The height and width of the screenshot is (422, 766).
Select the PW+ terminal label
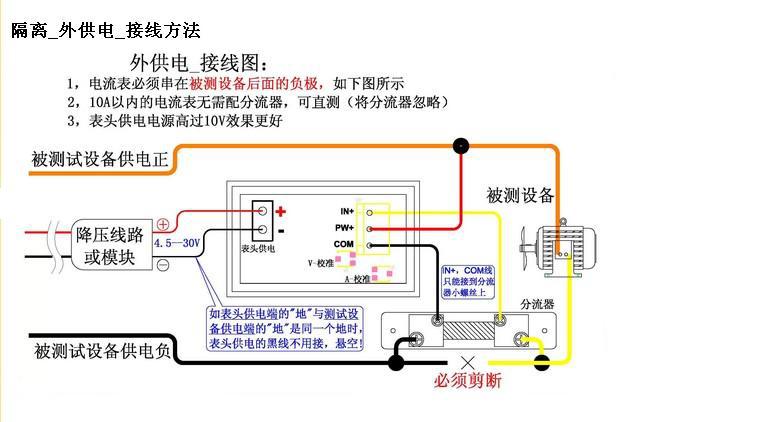tap(344, 228)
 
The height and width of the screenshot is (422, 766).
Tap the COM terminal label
tap(344, 244)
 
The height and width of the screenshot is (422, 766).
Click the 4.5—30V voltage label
tap(178, 243)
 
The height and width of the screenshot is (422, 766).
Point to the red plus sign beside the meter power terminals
tap(281, 211)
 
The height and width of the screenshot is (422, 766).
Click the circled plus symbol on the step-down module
tap(163, 224)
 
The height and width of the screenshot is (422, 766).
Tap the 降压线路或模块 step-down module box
tap(110, 245)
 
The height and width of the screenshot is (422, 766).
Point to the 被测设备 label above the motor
tap(520, 194)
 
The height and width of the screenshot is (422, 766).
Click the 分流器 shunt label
tap(538, 301)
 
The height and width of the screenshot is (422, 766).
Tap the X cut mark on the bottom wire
tap(466, 362)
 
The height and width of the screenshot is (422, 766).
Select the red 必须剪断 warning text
tap(467, 382)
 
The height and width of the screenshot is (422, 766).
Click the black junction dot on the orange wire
tap(460, 147)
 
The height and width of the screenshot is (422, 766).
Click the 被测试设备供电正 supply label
tap(101, 158)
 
